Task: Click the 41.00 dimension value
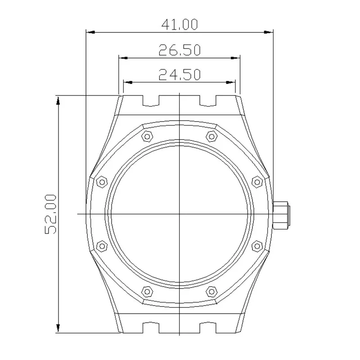[179, 25]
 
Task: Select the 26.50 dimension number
[179, 50]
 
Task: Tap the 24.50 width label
[179, 74]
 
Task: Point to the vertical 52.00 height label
[50, 214]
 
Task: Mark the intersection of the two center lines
[180, 214]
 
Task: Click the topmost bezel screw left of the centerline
[147, 136]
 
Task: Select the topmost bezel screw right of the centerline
[211, 136]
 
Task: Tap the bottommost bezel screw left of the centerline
[147, 291]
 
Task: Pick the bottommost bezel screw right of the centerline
[211, 291]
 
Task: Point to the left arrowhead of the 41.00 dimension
[89, 32]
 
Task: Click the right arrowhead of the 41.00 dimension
[270, 32]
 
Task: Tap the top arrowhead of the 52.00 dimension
[58, 99]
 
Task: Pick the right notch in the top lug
[207, 101]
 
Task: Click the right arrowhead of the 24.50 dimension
[232, 82]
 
